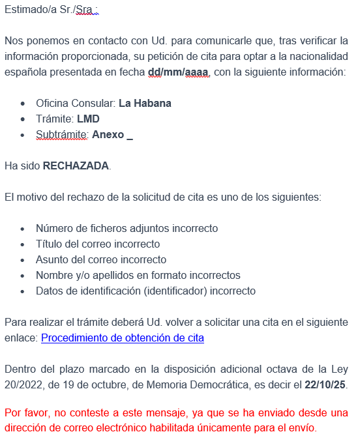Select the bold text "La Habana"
click(145, 104)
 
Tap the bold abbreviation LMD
click(88, 119)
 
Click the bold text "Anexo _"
click(112, 135)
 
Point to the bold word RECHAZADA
click(76, 166)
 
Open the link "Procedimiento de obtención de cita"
click(123, 338)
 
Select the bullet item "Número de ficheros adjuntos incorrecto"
click(127, 229)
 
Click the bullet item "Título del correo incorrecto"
click(98, 244)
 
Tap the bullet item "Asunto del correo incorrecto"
click(101, 260)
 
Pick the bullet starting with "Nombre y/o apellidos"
click(138, 276)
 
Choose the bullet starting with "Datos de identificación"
click(145, 291)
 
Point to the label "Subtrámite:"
click(63, 135)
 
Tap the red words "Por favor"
click(23, 413)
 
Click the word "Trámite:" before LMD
click(55, 119)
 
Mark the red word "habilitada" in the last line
click(187, 429)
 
